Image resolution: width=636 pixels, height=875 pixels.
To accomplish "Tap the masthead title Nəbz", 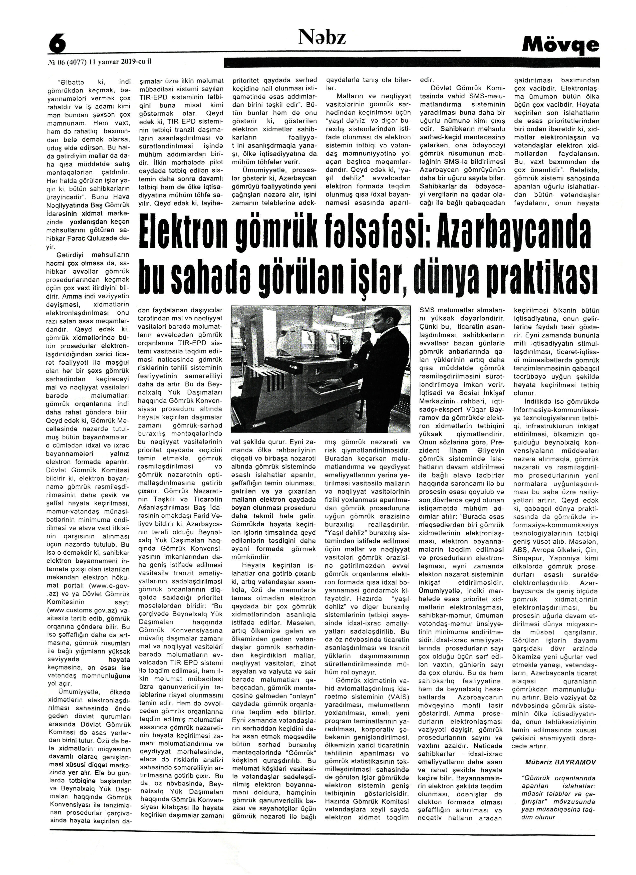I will pyautogui.click(x=322, y=38).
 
